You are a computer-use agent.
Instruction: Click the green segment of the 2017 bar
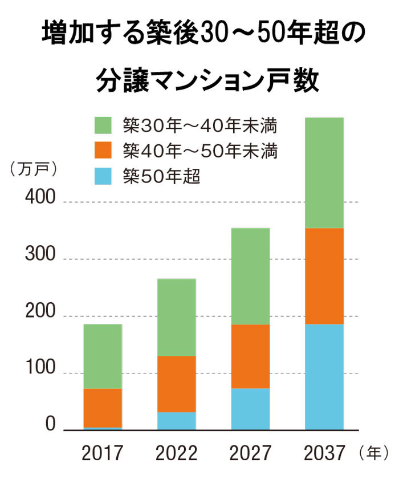103,356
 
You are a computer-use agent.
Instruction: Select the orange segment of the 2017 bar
103,408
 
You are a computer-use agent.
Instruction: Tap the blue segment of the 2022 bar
176,421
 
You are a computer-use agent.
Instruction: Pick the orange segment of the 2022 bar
176,384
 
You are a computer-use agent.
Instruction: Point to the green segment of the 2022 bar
176,317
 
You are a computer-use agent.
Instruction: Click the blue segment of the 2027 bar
250,409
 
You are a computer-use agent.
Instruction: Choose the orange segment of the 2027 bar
250,356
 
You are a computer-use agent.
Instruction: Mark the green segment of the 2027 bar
250,276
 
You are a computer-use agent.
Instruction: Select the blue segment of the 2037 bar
324,376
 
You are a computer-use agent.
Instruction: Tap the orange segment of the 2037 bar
324,276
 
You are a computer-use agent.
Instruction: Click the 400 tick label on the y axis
39,200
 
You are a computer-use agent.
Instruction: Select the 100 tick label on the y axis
39,372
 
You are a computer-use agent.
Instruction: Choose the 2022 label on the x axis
176,454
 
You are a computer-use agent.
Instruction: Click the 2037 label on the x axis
324,454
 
